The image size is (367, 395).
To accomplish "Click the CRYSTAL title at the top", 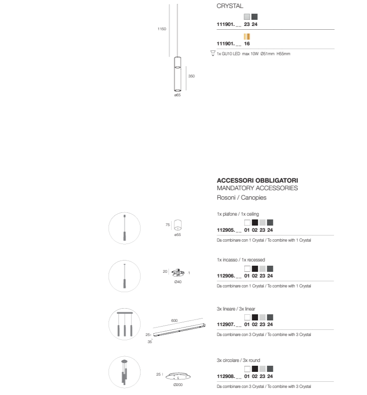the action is (230, 6).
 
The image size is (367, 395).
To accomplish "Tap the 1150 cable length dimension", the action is (162, 29).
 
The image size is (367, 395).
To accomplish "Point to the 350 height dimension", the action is (191, 76).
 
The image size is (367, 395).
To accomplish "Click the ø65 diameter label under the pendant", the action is (178, 95).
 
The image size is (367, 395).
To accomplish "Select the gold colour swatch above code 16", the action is (247, 36).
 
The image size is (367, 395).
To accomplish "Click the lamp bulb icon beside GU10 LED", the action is (213, 53).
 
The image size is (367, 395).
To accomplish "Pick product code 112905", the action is (226, 230).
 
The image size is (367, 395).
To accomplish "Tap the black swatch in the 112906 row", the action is (255, 269).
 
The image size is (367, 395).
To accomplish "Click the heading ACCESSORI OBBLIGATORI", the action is (257, 180).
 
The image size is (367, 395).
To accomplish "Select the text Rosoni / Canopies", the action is (241, 197).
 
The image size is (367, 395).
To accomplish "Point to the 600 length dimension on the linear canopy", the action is (174, 320).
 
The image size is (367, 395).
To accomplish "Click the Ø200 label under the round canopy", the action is (178, 385).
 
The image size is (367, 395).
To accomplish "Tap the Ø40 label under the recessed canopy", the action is (178, 282).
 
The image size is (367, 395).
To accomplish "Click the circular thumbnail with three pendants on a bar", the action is (125, 324).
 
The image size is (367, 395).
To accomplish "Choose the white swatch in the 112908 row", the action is (248, 369).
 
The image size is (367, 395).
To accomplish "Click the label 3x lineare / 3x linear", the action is (236, 309).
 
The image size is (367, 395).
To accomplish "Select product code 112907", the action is (226, 325).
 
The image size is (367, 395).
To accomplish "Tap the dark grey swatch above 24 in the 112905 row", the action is (270, 222).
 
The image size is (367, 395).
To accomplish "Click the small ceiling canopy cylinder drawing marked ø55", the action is (178, 225).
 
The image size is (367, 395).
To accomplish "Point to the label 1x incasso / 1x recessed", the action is (241, 260).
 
